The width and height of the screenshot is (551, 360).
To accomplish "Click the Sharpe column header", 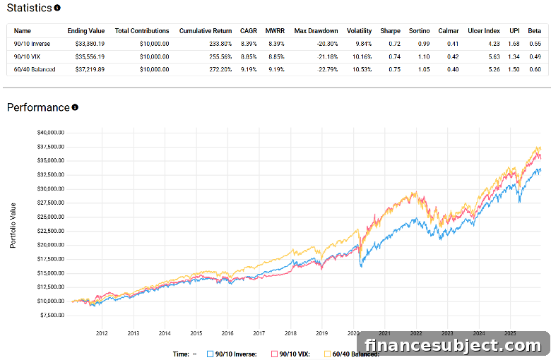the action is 390,31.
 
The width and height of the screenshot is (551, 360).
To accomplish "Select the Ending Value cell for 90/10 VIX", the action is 90,56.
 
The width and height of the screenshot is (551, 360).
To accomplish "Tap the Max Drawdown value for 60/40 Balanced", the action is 328,70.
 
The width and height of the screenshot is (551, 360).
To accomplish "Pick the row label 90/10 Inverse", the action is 32,44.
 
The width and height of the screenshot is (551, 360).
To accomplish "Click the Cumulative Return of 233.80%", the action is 220,44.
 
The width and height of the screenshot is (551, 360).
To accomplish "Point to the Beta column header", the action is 534,31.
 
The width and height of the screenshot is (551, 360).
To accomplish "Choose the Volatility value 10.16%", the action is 362,56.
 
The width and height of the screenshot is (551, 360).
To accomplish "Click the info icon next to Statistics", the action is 57,8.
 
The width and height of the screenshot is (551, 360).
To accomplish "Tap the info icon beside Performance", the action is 75,107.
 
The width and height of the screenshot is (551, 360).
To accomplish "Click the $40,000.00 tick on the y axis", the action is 51,133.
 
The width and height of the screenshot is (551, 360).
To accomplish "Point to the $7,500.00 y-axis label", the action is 52,315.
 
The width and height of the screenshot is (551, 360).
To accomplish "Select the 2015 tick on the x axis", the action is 196,333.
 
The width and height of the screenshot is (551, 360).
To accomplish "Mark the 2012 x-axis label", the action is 102,333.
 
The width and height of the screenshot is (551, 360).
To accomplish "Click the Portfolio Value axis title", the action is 13,225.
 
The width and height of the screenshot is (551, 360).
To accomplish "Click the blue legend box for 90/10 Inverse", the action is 210,354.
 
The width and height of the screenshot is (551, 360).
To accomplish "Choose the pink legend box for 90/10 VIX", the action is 274,354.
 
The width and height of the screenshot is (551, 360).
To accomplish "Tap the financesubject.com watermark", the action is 453,345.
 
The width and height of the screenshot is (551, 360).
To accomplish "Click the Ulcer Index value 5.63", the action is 494,56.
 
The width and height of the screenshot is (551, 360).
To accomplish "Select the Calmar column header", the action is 449,31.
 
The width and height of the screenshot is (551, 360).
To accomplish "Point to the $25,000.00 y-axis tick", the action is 51,217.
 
